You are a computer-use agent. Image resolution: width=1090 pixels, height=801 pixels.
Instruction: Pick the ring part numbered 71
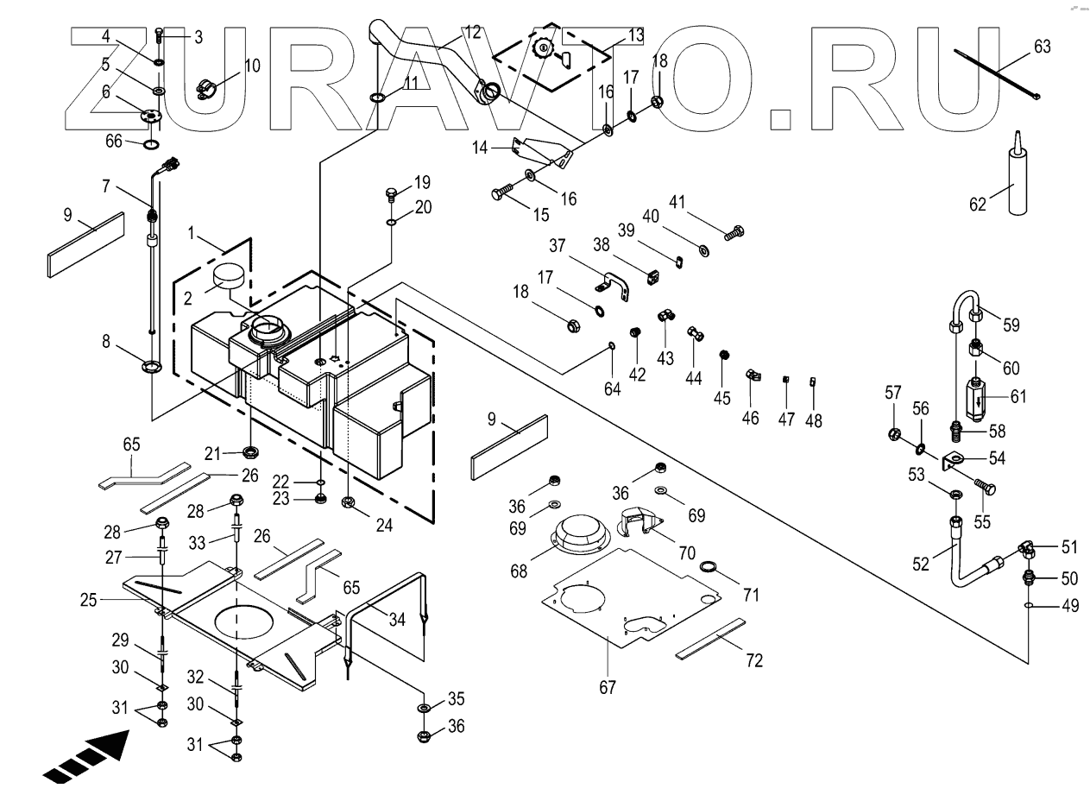pos(707,568)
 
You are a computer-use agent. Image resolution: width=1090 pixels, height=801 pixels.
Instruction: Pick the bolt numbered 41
pos(734,232)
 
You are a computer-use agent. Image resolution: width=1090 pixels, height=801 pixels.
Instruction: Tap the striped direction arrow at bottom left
pos(85,756)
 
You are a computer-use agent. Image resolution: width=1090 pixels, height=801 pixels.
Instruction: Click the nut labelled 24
pos(350,502)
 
